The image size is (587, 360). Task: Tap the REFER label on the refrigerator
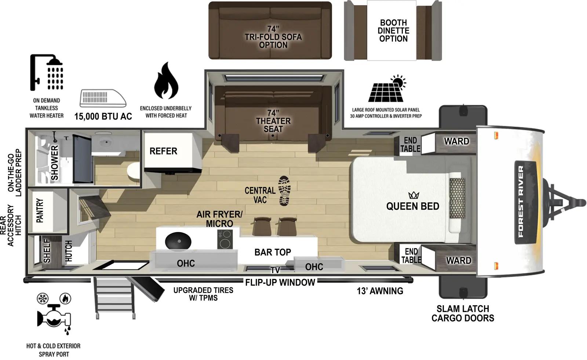(x=163, y=151)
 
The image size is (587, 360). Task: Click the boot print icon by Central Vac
(x=284, y=190)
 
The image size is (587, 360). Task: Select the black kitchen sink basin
(x=178, y=241)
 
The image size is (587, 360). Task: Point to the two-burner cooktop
(x=225, y=239)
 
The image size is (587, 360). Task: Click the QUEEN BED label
(x=412, y=206)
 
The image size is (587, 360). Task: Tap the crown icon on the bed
(x=413, y=195)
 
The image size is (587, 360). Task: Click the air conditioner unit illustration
(x=103, y=98)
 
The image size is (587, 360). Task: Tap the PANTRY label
(x=40, y=211)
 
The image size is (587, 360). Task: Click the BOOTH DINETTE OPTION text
(x=393, y=31)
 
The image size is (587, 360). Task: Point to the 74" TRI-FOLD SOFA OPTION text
(x=273, y=37)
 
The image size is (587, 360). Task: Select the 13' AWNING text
(x=380, y=291)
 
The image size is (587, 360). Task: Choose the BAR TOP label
(x=273, y=252)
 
